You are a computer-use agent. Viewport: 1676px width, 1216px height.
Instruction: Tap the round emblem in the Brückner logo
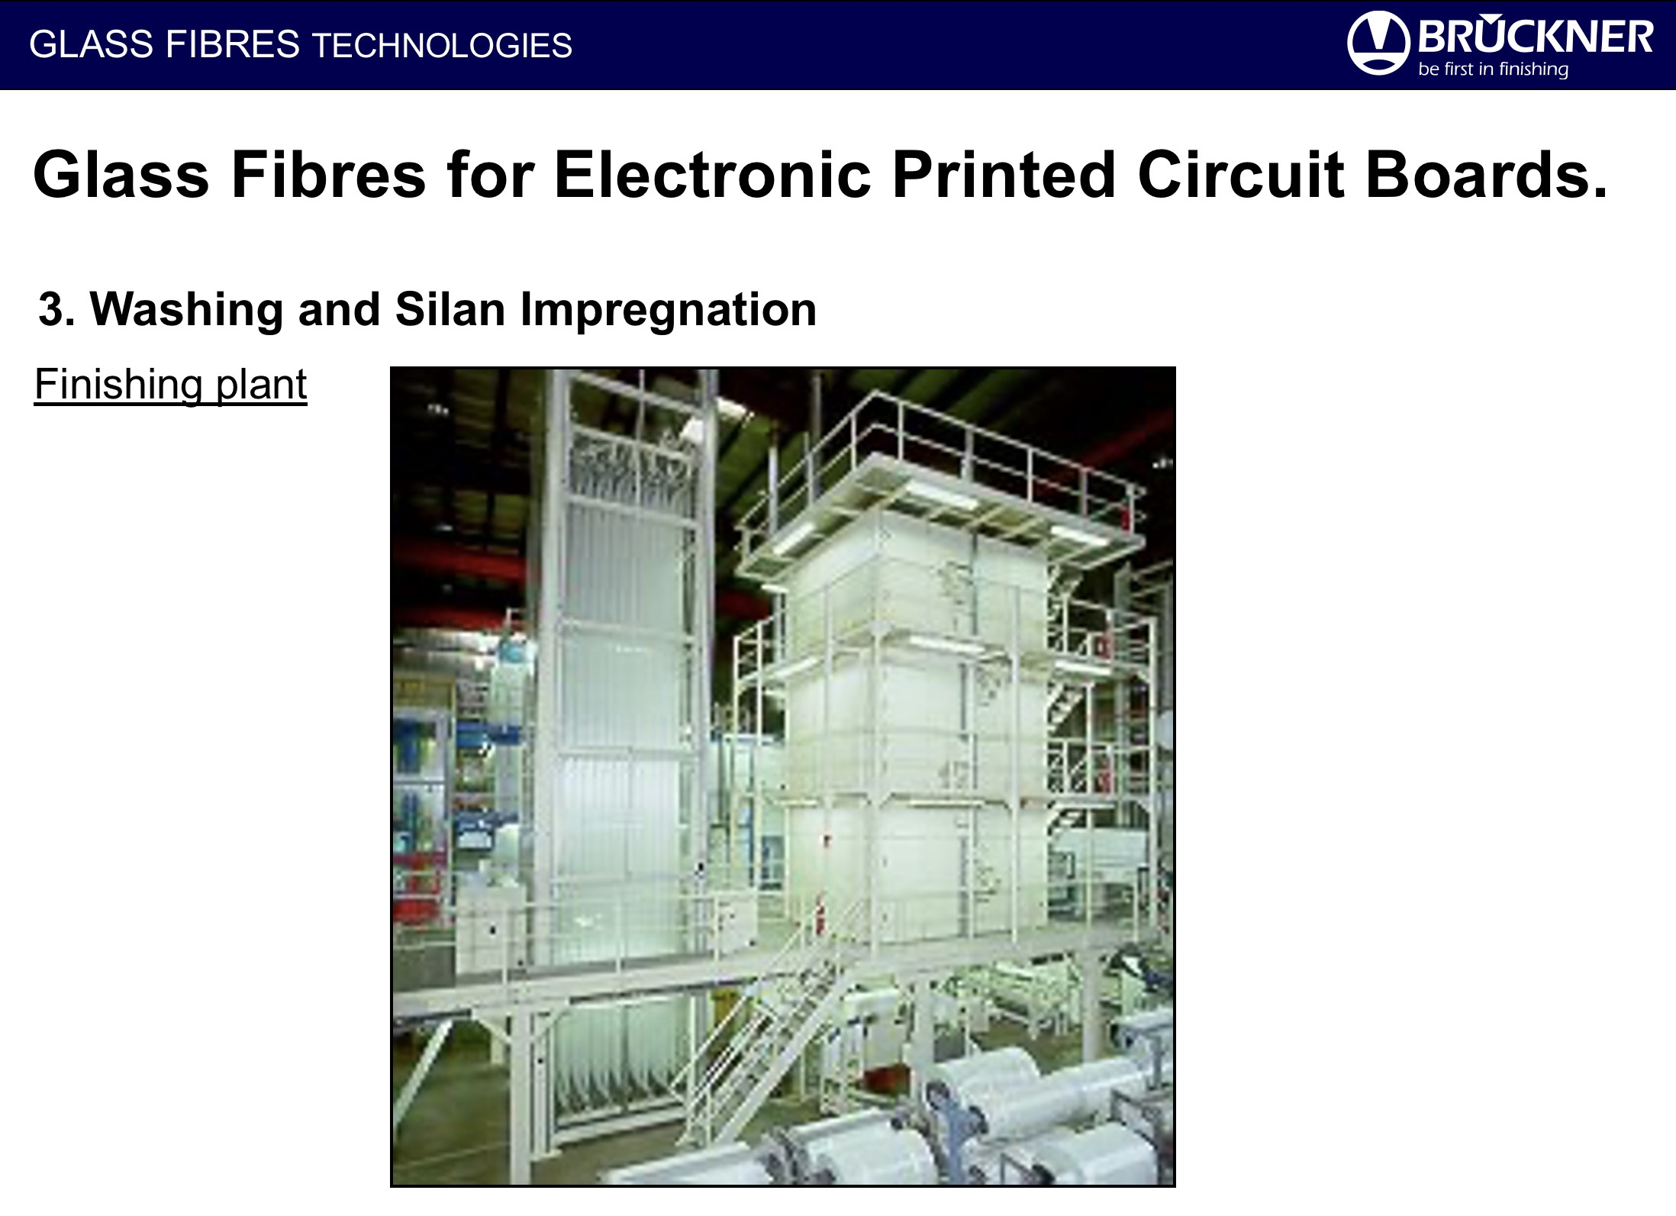coord(1378,44)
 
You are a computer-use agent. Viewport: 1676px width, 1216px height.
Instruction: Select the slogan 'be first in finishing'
coord(1494,69)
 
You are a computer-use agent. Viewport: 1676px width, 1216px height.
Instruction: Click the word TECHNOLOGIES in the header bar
coord(442,46)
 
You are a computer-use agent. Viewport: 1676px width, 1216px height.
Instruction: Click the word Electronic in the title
coord(713,175)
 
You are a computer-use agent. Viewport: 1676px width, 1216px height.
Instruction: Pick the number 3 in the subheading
coord(51,309)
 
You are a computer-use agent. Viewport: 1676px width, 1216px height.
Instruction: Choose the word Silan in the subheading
coord(450,309)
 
